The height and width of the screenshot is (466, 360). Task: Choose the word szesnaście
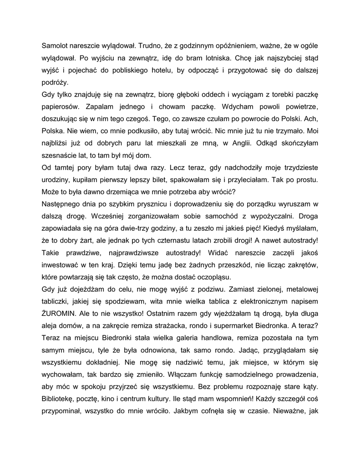61,155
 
